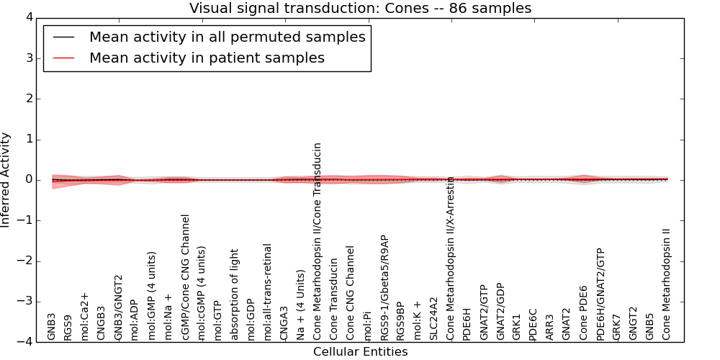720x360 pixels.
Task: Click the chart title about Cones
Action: click(360, 9)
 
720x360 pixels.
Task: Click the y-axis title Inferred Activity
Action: click(6, 180)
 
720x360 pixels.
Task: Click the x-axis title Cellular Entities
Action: click(360, 352)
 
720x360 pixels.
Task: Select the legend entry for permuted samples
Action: click(227, 37)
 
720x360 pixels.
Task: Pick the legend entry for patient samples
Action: click(207, 58)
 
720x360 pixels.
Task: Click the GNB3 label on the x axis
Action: click(51, 326)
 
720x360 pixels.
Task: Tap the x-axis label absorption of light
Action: click(234, 294)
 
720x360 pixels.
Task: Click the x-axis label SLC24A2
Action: click(433, 318)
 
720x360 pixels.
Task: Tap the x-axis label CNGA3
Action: click(284, 323)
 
